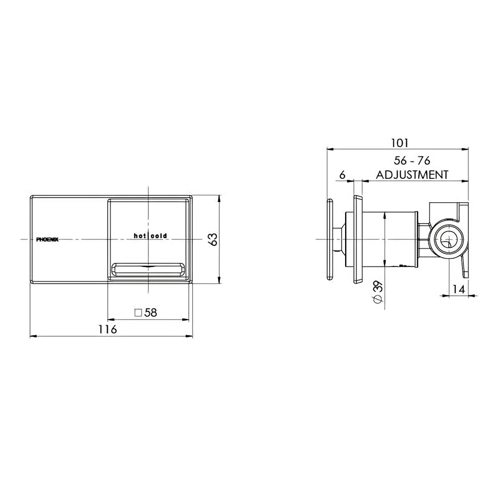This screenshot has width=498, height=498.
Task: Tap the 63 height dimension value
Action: (x=213, y=240)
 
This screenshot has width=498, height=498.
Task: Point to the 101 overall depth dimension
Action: (x=399, y=143)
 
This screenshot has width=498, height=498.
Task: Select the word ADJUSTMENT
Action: (x=412, y=175)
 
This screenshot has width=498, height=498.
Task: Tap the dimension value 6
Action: (x=342, y=175)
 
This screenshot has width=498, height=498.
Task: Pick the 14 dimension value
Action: (x=459, y=289)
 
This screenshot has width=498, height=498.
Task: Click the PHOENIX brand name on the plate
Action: (x=48, y=240)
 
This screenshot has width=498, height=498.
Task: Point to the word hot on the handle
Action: (x=139, y=236)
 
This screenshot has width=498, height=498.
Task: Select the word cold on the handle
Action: (x=159, y=236)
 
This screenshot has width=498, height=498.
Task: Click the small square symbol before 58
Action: (x=139, y=313)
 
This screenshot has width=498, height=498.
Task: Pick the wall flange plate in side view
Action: (x=358, y=240)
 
